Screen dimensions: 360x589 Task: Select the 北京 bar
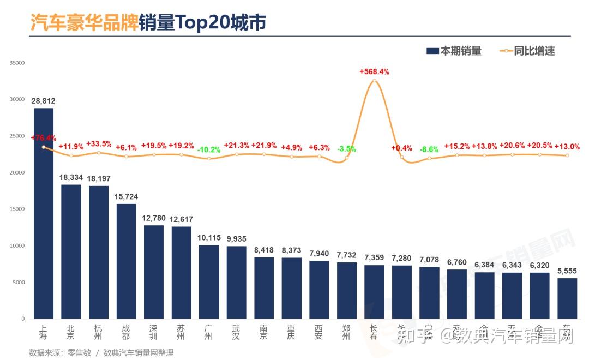click(x=71, y=251)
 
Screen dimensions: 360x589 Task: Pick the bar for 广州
click(x=209, y=281)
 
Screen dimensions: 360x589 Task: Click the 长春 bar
click(x=374, y=292)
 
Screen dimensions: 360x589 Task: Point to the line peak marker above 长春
click(x=374, y=81)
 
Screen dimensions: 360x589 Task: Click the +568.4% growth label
click(x=374, y=71)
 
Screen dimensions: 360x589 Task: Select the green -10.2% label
click(x=209, y=149)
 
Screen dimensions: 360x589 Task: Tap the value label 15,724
click(x=126, y=196)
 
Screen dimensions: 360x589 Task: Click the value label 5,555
click(x=567, y=271)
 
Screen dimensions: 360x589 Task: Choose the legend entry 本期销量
click(x=454, y=51)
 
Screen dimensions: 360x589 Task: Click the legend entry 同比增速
click(x=527, y=51)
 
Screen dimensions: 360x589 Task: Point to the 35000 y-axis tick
click(x=17, y=63)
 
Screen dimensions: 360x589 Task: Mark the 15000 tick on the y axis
click(x=17, y=209)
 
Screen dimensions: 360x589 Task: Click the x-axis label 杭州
click(x=98, y=332)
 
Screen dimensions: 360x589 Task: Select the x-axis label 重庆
click(x=291, y=332)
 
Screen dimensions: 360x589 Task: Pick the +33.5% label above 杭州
click(x=99, y=144)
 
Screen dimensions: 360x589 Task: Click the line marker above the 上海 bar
click(x=44, y=147)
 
